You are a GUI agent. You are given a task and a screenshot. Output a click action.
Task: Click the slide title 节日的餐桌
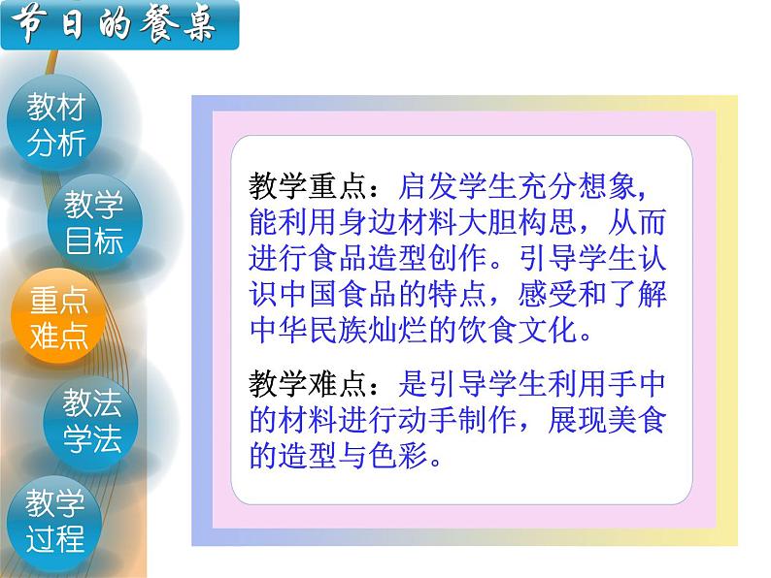[117, 25]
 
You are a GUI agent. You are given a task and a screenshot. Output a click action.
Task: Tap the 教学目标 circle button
[94, 222]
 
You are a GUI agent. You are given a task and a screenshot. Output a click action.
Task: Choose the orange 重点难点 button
[59, 318]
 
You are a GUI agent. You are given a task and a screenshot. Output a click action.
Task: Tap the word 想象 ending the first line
[611, 186]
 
